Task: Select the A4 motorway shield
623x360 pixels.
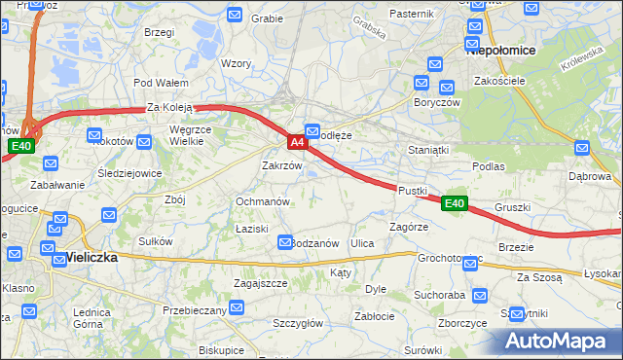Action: [x=298, y=142]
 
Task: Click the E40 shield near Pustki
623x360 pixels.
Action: [x=454, y=203]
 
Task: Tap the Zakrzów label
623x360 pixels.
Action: [x=282, y=165]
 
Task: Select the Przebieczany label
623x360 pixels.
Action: [x=195, y=310]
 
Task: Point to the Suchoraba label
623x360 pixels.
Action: [x=438, y=293]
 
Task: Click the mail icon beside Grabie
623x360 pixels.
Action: [x=236, y=15]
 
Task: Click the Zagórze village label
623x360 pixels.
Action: [x=409, y=226]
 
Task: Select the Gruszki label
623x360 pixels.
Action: [x=512, y=207]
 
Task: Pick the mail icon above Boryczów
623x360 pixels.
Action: [x=421, y=84]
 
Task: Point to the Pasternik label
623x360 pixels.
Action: [x=411, y=14]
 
